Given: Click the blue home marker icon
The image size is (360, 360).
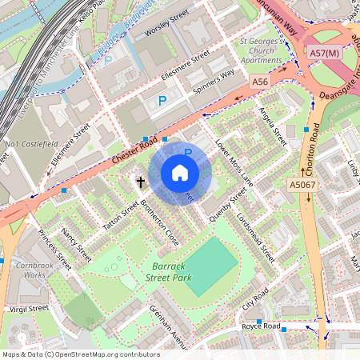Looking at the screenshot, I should click(180, 172).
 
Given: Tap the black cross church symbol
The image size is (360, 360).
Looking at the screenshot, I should click(141, 182).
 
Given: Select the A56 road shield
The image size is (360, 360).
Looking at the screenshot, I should click(260, 82).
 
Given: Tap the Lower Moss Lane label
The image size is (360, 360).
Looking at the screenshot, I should click(234, 164).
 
